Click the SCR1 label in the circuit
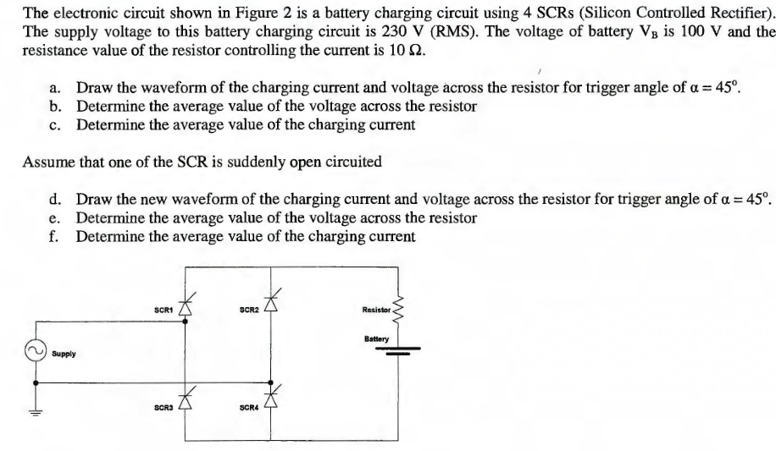tap(164, 311)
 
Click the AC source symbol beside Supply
tap(36, 351)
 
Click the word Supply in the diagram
tap(63, 353)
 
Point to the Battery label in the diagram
tap(377, 338)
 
